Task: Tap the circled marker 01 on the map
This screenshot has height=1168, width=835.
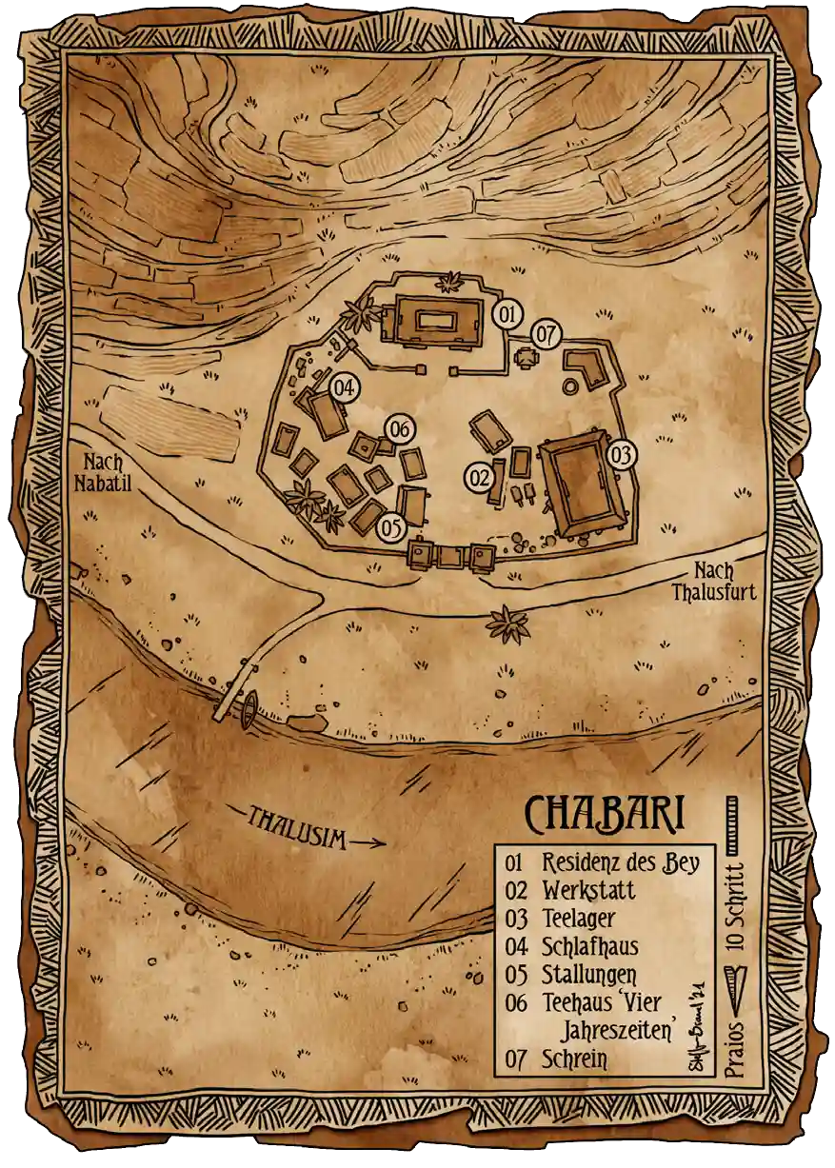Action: coord(508,313)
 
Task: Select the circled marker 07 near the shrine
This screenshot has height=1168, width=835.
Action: coord(546,334)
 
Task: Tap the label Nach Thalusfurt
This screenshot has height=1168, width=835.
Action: coord(713,582)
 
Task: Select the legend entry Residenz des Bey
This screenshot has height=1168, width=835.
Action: coord(621,863)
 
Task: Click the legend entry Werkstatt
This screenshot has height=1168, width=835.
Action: coord(588,891)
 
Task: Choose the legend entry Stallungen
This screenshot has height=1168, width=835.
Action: coord(588,975)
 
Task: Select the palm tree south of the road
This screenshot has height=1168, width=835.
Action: coord(507,624)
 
